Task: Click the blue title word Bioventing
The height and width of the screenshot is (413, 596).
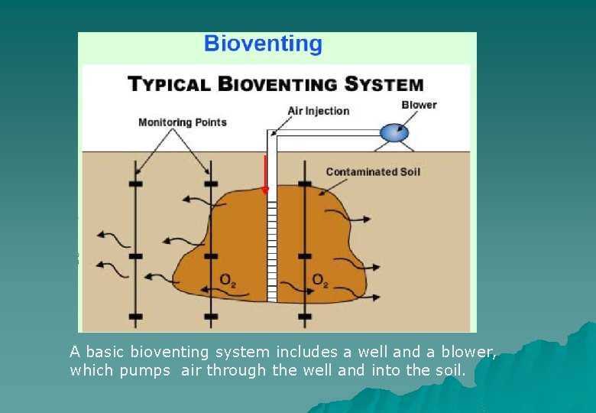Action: click(x=263, y=44)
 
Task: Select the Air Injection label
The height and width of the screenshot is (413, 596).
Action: click(x=318, y=111)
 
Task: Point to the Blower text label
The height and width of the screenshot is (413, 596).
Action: click(x=419, y=105)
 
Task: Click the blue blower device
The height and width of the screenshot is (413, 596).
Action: click(x=395, y=133)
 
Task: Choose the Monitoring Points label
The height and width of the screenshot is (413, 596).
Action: click(x=182, y=122)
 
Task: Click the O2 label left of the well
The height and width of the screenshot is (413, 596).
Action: click(x=228, y=280)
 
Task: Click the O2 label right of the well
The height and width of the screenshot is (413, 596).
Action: click(x=320, y=280)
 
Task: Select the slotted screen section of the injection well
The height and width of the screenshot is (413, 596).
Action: click(x=270, y=245)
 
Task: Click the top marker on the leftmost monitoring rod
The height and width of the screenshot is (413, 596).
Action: click(x=136, y=184)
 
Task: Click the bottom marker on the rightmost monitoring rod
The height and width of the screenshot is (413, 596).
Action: click(x=304, y=316)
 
